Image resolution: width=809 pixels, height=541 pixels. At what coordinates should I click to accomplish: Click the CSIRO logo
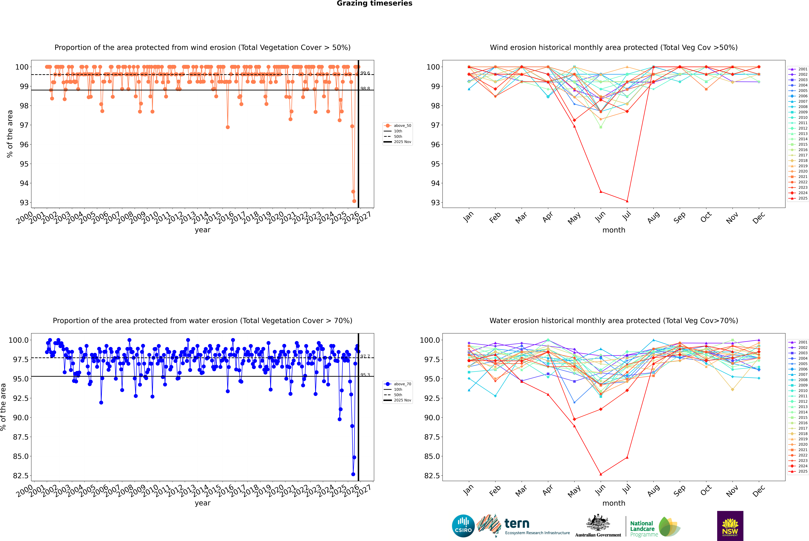pyautogui.click(x=463, y=526)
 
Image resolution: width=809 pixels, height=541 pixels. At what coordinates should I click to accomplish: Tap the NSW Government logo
pyautogui.click(x=730, y=526)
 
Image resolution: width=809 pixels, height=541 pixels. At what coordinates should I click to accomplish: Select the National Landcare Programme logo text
pyautogui.click(x=642, y=529)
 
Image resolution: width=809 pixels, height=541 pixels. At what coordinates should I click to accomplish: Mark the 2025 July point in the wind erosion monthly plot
pyautogui.click(x=627, y=201)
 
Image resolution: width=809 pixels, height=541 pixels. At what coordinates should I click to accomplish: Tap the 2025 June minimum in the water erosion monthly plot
pyautogui.click(x=601, y=474)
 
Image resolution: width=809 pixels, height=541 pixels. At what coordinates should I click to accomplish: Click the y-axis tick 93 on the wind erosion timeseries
pyautogui.click(x=24, y=203)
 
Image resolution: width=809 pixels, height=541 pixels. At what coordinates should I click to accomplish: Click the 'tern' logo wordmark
pyautogui.click(x=517, y=523)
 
